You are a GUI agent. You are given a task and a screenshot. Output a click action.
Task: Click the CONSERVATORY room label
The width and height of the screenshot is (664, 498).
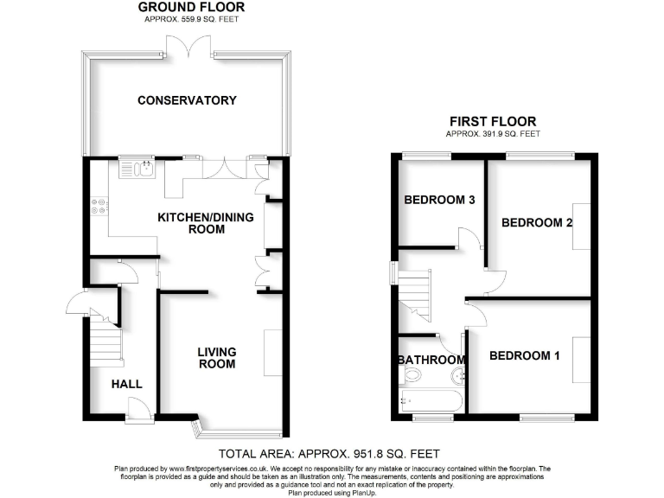click(187, 100)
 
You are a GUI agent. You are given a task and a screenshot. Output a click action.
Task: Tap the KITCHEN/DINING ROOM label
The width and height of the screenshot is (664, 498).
click(205, 223)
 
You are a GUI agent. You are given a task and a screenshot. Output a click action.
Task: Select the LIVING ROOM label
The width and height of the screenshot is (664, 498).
click(216, 358)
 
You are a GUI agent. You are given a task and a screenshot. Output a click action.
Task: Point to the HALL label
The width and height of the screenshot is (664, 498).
click(126, 384)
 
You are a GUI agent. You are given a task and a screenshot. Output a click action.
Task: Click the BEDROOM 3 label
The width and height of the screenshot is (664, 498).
click(440, 201)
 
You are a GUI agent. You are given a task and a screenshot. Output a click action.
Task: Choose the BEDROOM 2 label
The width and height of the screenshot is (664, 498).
click(538, 222)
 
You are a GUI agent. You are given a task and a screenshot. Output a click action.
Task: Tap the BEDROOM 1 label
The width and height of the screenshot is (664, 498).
click(525, 356)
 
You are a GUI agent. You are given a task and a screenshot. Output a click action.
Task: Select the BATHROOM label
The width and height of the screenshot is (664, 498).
click(431, 360)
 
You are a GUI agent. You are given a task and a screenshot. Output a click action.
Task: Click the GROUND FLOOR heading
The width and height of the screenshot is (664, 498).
click(191, 8)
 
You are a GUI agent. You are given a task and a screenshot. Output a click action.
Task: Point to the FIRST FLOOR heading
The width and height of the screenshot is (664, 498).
click(493, 122)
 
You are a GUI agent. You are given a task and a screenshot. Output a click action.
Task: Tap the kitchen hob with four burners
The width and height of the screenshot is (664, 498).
click(98, 207)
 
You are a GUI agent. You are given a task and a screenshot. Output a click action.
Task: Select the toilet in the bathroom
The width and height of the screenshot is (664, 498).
click(412, 375)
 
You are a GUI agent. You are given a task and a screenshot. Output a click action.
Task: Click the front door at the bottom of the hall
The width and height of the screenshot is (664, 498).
click(136, 411)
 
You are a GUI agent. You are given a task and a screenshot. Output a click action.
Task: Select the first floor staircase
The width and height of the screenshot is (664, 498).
click(415, 293)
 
